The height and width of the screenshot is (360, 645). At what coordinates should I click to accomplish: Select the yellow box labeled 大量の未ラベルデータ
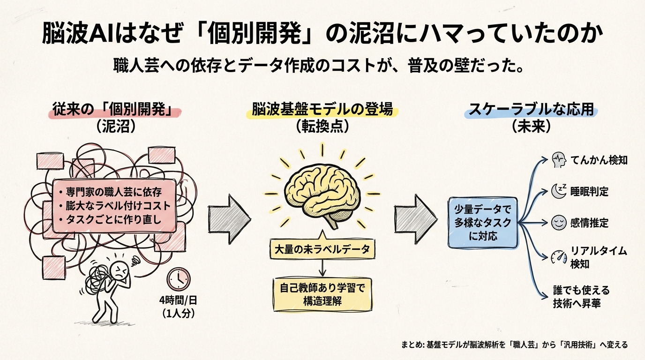pyautogui.click(x=322, y=248)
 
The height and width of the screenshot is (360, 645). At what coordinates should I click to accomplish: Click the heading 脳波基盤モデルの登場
pyautogui.click(x=322, y=111)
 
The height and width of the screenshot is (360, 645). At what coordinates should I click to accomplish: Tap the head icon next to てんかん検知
pyautogui.click(x=558, y=160)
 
